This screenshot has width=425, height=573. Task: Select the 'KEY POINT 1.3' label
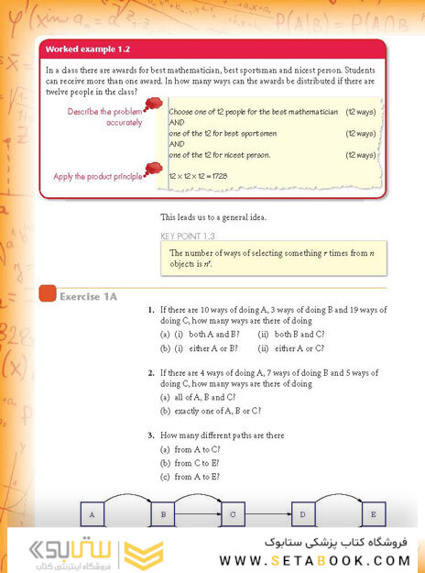pos(187,236)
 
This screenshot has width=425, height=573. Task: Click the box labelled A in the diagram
pos(93,515)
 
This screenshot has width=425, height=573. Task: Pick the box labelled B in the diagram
pos(162,515)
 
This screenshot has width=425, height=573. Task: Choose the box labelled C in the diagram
pos(233,515)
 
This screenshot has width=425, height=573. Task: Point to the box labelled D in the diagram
pos(303,515)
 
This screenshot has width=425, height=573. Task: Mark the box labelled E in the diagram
pos(373,515)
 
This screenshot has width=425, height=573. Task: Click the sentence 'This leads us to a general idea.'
pos(216,217)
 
